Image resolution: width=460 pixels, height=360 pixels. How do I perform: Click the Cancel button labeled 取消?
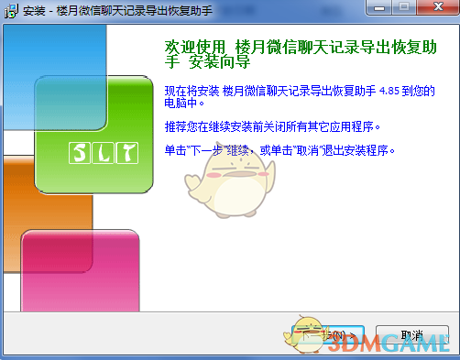pyautogui.click(x=411, y=335)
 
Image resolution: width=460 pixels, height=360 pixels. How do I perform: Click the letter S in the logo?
pyautogui.click(x=81, y=152)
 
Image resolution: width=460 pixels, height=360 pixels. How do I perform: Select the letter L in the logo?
pyautogui.click(x=104, y=152)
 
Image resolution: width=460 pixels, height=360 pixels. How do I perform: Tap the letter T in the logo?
pyautogui.click(x=126, y=152)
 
